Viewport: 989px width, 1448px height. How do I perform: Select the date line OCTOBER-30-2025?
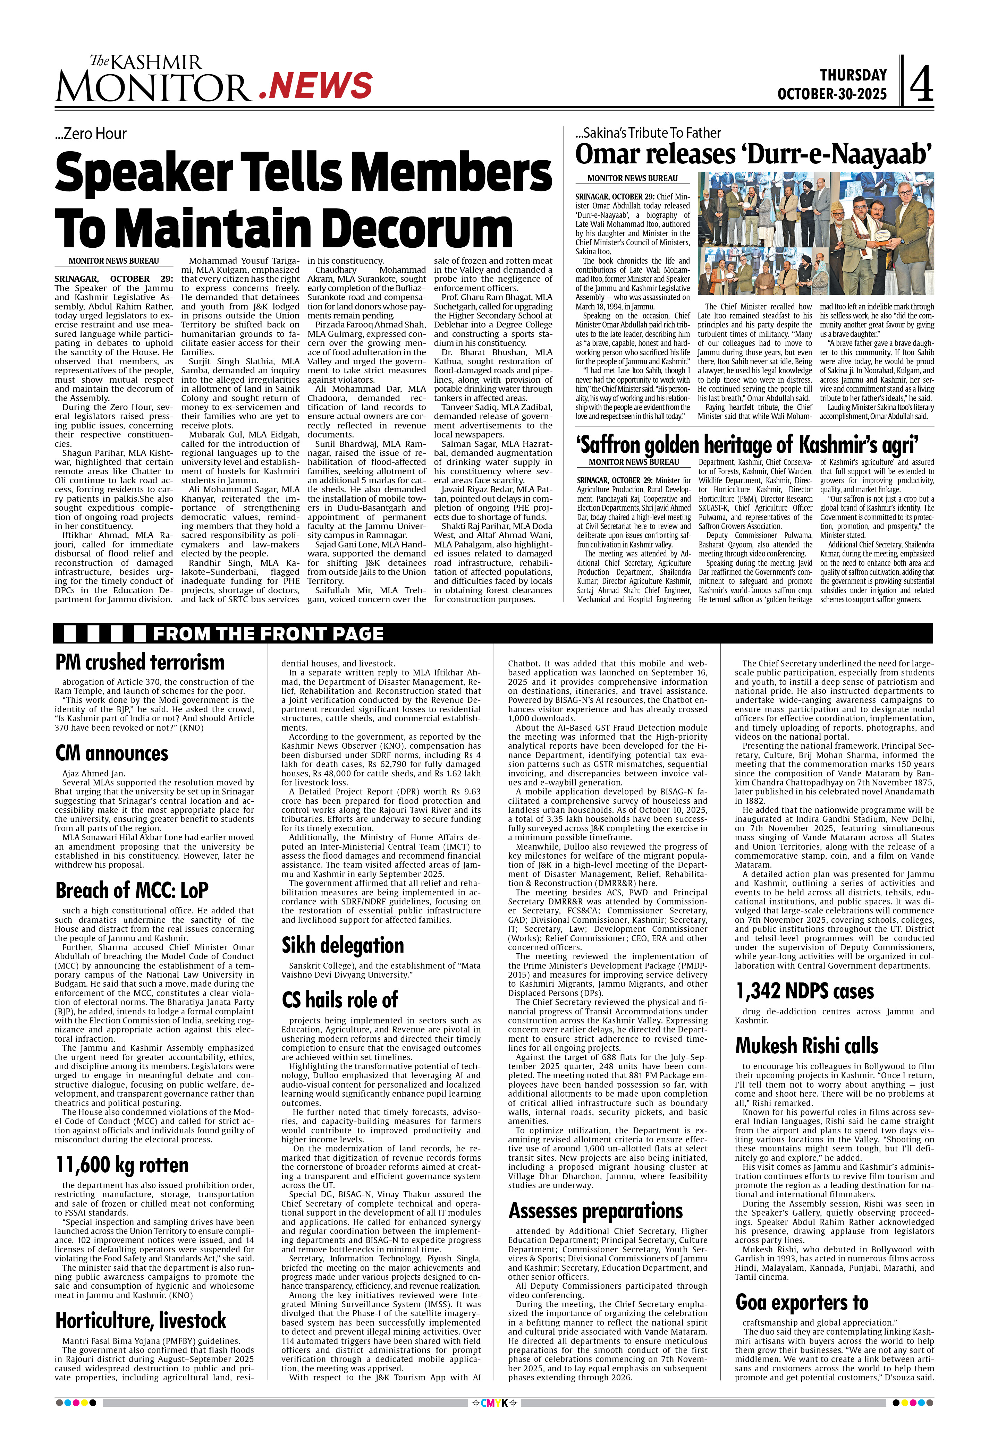[831, 94]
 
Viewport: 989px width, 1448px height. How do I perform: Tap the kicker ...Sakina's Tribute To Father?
[648, 133]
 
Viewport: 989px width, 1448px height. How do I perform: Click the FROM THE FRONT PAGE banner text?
[268, 634]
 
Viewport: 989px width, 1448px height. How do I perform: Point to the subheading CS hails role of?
[340, 1000]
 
